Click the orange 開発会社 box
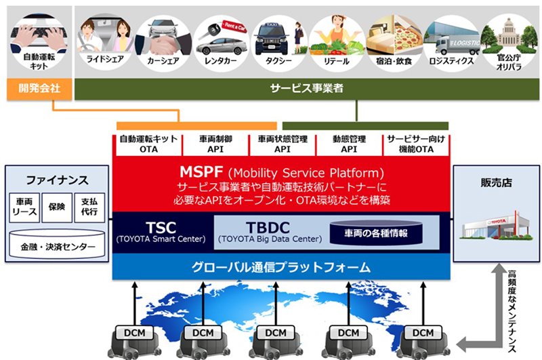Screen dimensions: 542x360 tap(39, 89)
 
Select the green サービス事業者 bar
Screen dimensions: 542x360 tap(307, 89)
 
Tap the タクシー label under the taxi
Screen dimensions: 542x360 tap(278, 61)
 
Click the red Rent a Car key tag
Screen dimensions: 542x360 tap(234, 26)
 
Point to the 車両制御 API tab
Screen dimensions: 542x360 tap(215, 144)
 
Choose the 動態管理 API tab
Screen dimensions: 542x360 tap(349, 144)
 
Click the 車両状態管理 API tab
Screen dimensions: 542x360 tap(283, 144)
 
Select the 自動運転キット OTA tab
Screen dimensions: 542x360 tap(148, 144)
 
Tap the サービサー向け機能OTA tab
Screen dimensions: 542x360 tap(416, 144)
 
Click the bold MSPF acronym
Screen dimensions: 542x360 tap(201, 172)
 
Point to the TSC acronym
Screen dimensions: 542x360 tap(161, 228)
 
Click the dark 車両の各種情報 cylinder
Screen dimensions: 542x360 tap(376, 233)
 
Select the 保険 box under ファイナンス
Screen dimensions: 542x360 tap(57, 207)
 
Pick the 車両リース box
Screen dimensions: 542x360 tap(24, 207)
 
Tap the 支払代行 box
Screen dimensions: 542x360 tap(89, 207)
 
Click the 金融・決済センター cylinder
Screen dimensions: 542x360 tap(57, 245)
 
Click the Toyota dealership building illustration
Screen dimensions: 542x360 tap(496, 226)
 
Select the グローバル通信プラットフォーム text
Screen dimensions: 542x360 tap(281, 267)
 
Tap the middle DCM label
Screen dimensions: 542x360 tap(276, 333)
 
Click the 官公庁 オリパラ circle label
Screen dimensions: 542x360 tap(509, 62)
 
